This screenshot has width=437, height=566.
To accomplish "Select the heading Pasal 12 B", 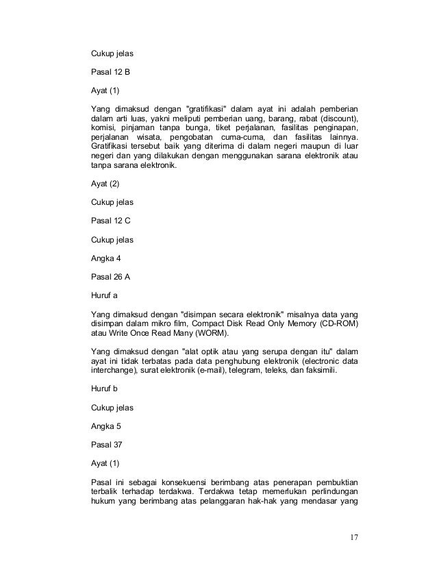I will pos(110,71).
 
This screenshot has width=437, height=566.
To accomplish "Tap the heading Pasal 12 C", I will pos(110,222).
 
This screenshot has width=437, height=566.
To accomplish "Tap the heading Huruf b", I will pos(105,389).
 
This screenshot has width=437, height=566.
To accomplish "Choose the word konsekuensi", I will pos(182,481).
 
